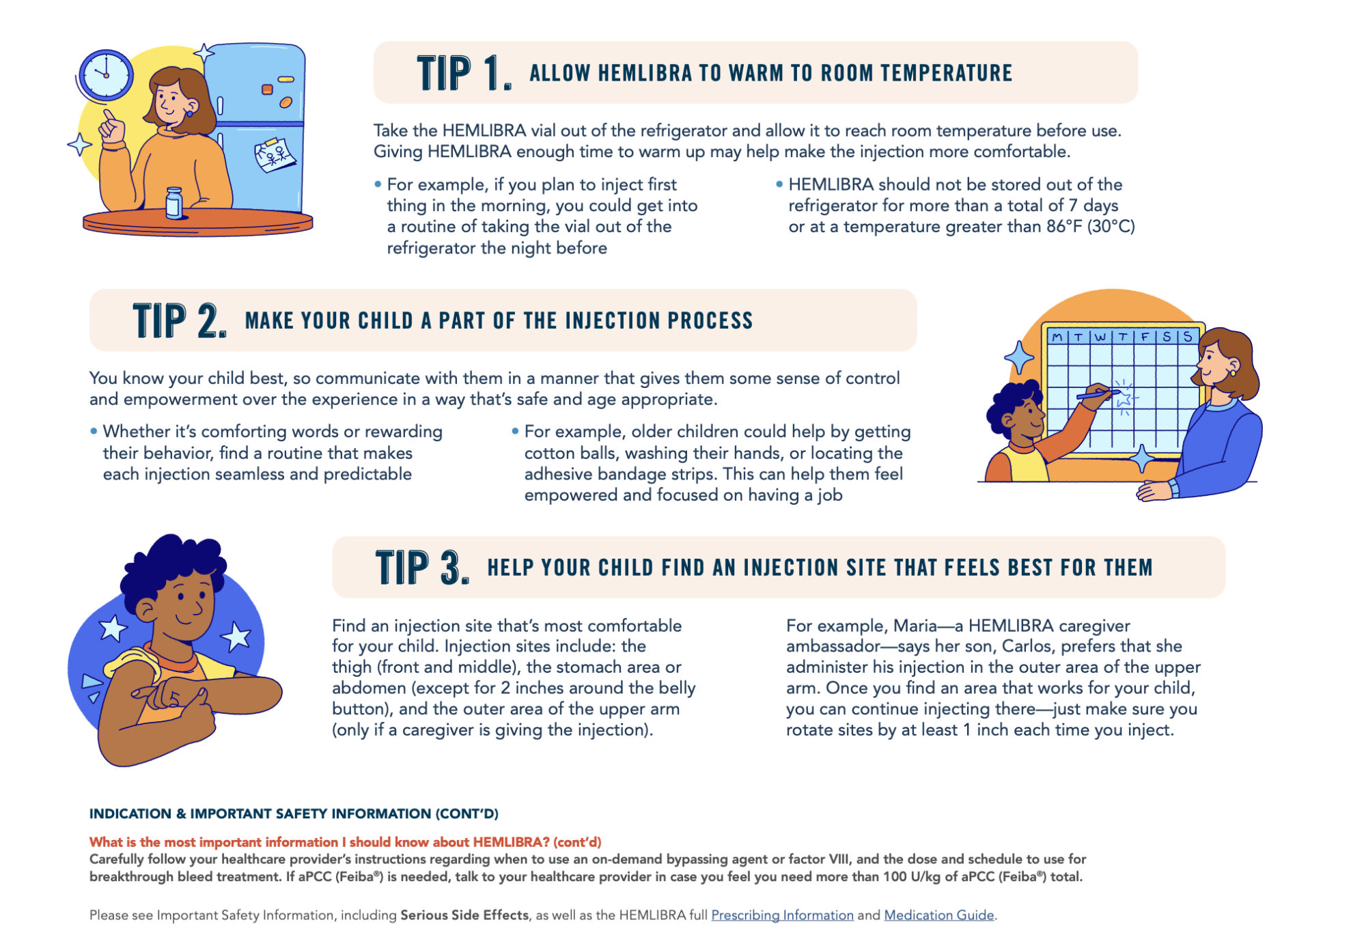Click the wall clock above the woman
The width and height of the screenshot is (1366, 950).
coord(106,74)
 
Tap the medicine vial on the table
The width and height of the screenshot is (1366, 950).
coord(175,204)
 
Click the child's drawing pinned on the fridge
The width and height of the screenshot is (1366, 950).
coord(275,154)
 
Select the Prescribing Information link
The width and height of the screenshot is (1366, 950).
coord(782,915)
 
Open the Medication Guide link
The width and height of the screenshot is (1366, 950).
coord(939,915)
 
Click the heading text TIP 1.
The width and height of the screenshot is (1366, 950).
coord(464,73)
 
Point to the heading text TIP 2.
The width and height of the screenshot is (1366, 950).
coord(180,320)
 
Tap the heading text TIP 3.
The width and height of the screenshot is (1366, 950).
coord(422,568)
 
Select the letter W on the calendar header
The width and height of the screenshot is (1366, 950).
coord(1100,337)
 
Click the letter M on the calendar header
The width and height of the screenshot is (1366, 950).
coord(1057,337)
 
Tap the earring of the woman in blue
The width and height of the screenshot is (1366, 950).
coord(1233,373)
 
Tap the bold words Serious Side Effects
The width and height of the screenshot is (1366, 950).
coord(464,915)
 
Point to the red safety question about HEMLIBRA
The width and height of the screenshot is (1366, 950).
coord(345,842)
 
